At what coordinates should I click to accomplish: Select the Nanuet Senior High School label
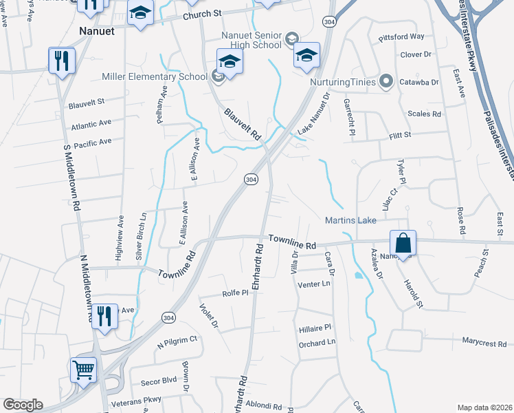(252, 40)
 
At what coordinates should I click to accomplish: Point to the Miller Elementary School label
(155, 76)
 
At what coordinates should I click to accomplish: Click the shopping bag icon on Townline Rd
(403, 244)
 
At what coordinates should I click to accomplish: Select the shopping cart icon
(84, 370)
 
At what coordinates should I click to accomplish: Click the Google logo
(23, 405)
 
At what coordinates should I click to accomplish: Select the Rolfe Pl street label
(235, 293)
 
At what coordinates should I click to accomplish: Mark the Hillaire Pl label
(315, 328)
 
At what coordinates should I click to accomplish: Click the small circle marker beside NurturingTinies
(386, 82)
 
